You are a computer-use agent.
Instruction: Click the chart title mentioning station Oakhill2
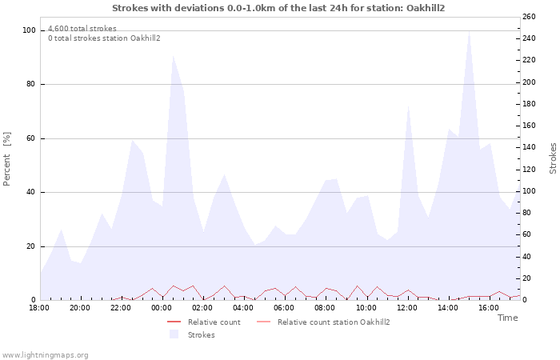278,8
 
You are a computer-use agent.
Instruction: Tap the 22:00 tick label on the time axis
121,307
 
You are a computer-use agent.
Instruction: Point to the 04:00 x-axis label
244,307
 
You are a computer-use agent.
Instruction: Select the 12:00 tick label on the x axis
407,307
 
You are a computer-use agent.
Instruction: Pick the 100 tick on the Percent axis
30,30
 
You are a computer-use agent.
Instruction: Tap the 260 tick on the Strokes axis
529,17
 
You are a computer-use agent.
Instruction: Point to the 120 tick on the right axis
529,170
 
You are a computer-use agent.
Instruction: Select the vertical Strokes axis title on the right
553,158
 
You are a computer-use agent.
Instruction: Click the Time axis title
507,318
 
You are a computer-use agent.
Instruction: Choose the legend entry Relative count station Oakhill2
333,322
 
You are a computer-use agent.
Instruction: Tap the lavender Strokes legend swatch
174,334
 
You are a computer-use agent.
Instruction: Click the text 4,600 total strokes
82,29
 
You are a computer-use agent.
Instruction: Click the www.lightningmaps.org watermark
45,354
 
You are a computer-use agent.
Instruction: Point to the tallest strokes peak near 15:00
469,34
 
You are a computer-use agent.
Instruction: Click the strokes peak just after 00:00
173,56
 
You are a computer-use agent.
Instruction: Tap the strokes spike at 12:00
408,105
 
